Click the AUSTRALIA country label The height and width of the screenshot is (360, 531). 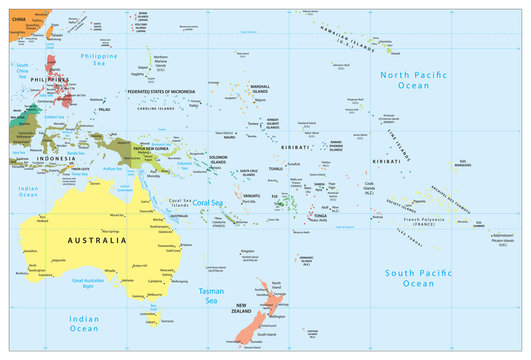(97, 241)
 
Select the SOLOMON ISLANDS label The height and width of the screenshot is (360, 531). (218, 161)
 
